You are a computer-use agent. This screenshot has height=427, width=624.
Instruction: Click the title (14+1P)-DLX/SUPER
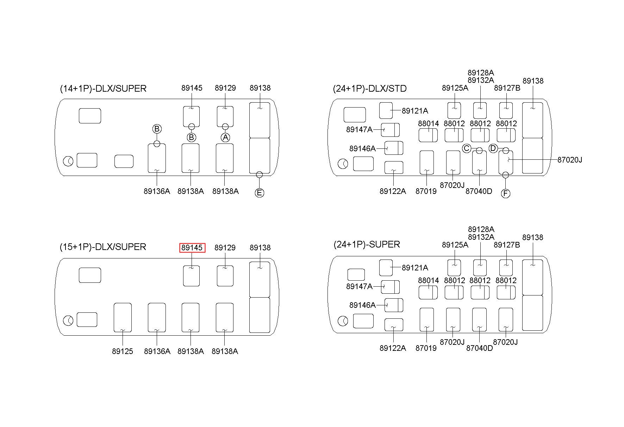tap(103, 89)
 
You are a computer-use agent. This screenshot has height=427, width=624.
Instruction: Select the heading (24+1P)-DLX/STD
tap(370, 89)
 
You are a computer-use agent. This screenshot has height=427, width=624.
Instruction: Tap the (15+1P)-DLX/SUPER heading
tap(103, 247)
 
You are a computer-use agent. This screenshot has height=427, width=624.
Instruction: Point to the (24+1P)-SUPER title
tap(367, 244)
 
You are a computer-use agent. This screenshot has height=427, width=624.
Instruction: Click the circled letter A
tap(225, 137)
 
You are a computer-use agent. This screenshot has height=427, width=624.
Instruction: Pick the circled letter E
tap(260, 193)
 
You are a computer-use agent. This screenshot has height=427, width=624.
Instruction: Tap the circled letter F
tap(505, 194)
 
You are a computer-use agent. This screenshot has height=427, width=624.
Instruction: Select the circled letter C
tap(467, 148)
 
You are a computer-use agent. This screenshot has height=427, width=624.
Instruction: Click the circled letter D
tap(493, 148)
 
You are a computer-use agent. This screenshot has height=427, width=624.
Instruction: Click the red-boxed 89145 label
tap(192, 248)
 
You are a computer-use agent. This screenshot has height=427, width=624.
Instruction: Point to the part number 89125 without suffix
tap(123, 352)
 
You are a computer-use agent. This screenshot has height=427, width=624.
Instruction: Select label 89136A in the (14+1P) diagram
tap(157, 191)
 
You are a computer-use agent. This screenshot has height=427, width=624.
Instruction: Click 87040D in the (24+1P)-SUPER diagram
tap(479, 348)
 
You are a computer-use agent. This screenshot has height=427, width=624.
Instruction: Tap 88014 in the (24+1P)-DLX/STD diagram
tap(429, 124)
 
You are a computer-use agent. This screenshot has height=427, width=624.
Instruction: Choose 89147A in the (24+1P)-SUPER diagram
tap(359, 286)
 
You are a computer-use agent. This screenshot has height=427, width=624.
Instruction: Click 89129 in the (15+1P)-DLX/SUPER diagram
tap(225, 248)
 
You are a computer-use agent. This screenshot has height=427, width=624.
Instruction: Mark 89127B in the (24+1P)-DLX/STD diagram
tap(507, 88)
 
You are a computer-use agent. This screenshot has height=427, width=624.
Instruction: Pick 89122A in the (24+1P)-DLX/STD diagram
tap(393, 191)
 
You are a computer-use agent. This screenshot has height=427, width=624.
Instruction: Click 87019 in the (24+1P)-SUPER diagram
tap(426, 348)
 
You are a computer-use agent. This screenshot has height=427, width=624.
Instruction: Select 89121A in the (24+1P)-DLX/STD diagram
tap(415, 111)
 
